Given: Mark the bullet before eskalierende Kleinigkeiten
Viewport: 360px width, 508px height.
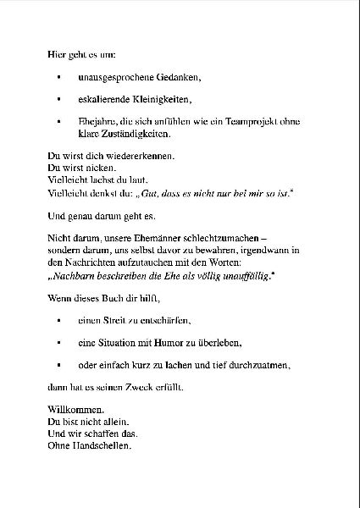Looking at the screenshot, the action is coord(58,100).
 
